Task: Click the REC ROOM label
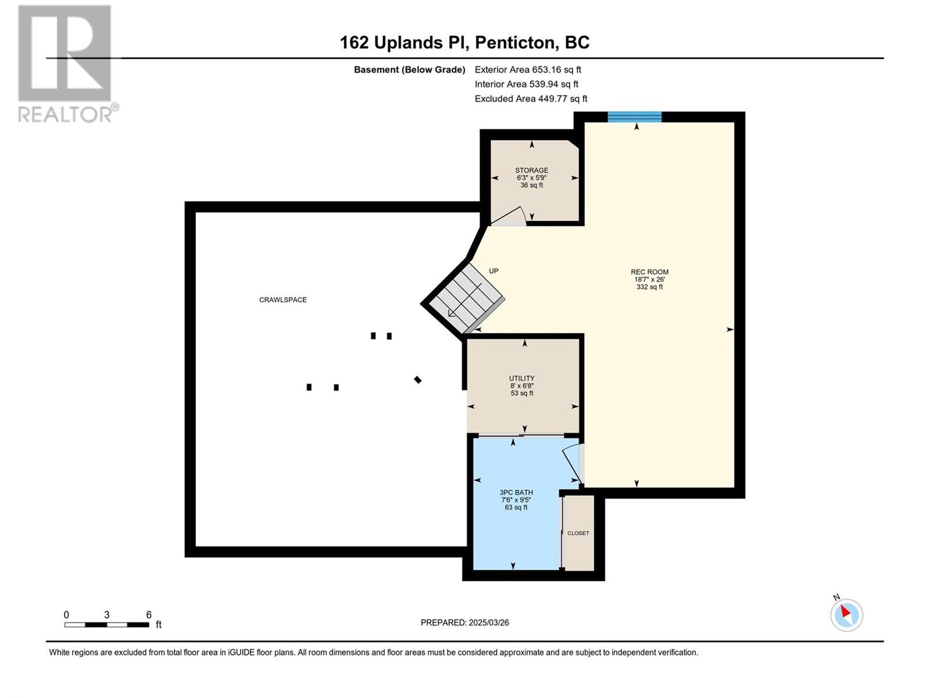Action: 649,272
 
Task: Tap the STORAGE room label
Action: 532,170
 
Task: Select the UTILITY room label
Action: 521,378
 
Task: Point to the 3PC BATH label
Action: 516,493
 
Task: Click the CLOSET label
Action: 578,533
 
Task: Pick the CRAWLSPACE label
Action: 283,300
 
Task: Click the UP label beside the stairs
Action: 493,271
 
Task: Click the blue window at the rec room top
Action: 635,116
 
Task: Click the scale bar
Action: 107,625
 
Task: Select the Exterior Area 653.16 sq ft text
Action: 528,69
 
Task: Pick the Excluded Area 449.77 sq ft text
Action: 531,99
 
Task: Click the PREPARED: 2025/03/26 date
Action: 465,622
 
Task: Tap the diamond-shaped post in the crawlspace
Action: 418,380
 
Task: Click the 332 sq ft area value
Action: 649,287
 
